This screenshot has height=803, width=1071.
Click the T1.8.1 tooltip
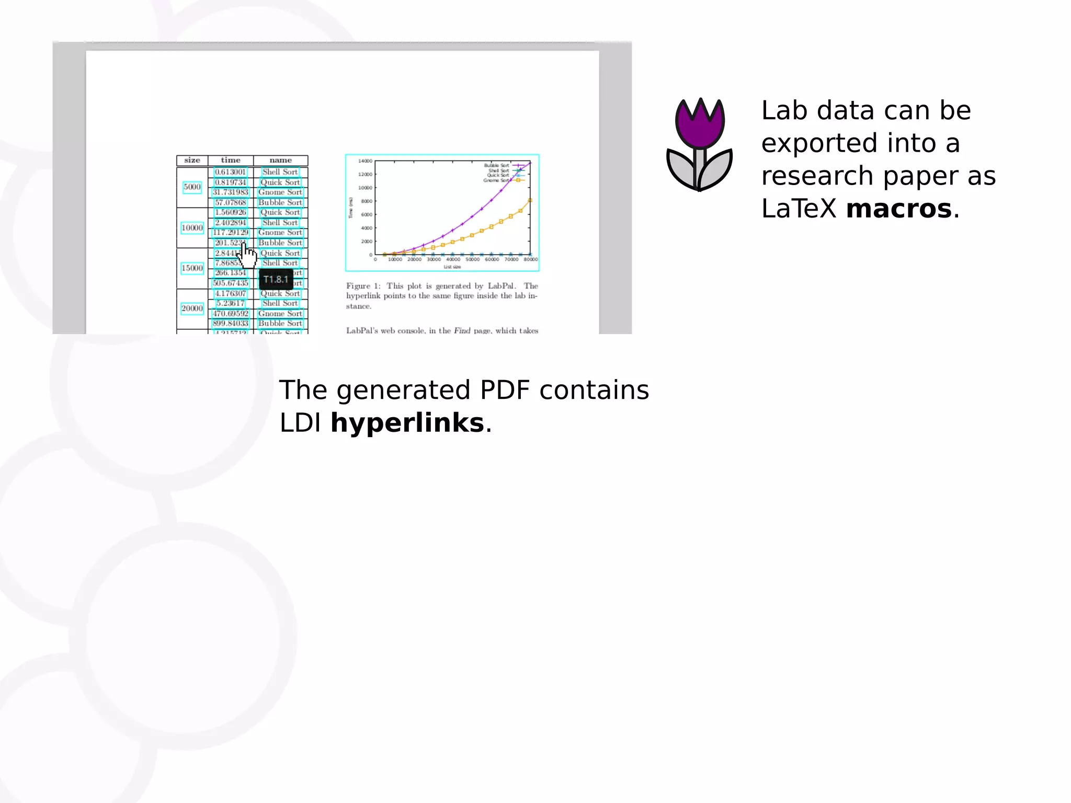[x=276, y=279]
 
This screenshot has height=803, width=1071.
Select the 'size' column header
[x=192, y=160]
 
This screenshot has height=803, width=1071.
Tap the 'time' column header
[x=231, y=160]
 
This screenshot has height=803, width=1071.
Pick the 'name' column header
[x=280, y=160]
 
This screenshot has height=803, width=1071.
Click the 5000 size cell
[x=192, y=187]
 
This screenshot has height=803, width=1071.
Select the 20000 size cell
[x=192, y=308]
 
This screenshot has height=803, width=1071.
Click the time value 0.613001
[x=230, y=172]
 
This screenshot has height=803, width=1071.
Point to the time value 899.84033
[x=230, y=324]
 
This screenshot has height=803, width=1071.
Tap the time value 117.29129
[x=230, y=233]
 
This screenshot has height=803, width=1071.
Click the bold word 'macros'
[x=898, y=209]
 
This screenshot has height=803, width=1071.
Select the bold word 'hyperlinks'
[x=407, y=422]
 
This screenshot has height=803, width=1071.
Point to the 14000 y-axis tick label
[x=365, y=161]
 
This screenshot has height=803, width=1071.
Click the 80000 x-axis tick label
[x=530, y=259]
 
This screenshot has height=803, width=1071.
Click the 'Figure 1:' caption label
[x=363, y=286]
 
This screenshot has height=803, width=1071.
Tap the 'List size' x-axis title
[x=452, y=267]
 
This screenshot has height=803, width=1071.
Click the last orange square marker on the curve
[x=530, y=200]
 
